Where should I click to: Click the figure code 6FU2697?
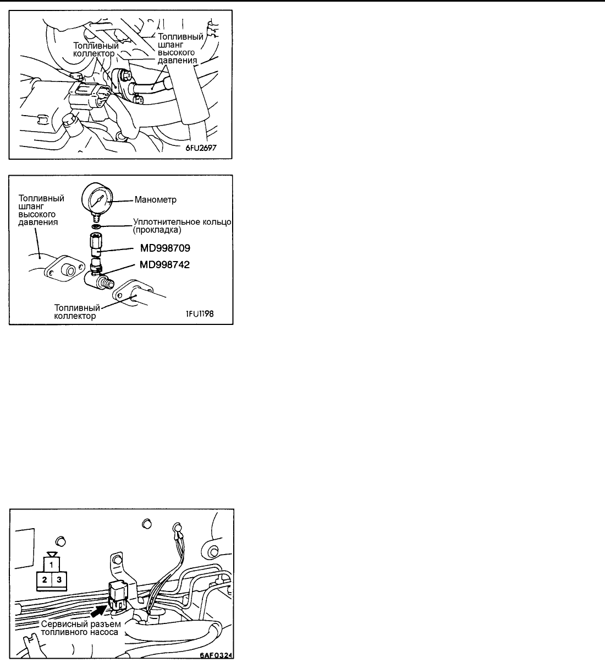[201, 148]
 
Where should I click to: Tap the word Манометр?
[155, 200]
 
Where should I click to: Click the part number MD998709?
[165, 248]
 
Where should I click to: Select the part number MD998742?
[165, 265]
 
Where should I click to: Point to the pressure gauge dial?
[97, 198]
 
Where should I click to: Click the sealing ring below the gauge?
[96, 227]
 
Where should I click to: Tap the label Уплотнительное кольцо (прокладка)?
[182, 226]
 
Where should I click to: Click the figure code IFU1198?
[200, 313]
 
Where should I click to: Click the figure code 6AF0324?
[216, 655]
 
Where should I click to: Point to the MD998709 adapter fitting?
[96, 245]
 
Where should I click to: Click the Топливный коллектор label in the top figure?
[96, 50]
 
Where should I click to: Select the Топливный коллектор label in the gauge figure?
[77, 312]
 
